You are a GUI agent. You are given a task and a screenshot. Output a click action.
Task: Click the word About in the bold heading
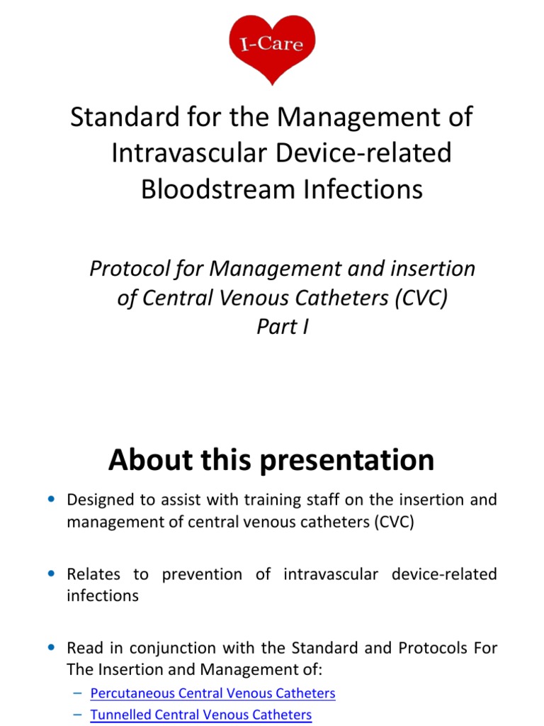[x=148, y=461]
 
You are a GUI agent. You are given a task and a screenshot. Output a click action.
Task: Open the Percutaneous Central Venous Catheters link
[x=212, y=693]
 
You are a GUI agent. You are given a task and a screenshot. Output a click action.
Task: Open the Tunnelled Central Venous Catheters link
[x=200, y=715]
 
